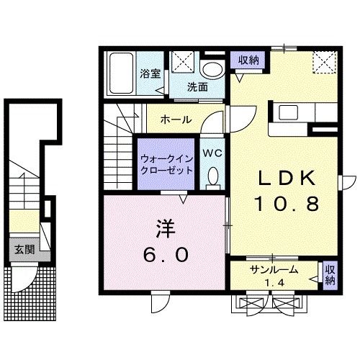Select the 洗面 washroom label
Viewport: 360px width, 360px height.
point(198,87)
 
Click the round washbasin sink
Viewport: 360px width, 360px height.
point(212,69)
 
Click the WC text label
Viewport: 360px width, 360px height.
point(212,153)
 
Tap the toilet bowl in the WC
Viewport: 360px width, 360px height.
point(213,176)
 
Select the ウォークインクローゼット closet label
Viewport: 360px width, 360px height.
point(166,164)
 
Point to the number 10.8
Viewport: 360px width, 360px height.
point(285,205)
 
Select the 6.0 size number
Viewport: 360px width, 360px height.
point(165,254)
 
